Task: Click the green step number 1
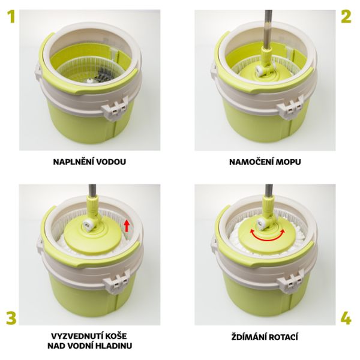tap(11, 17)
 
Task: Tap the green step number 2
tap(346, 17)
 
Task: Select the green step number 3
tap(11, 318)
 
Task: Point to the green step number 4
tap(346, 318)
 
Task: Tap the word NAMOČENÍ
tap(251, 162)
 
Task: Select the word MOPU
tap(288, 162)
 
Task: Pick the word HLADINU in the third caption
tap(115, 346)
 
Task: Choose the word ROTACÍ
tap(283, 337)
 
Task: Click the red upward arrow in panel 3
tap(126, 226)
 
